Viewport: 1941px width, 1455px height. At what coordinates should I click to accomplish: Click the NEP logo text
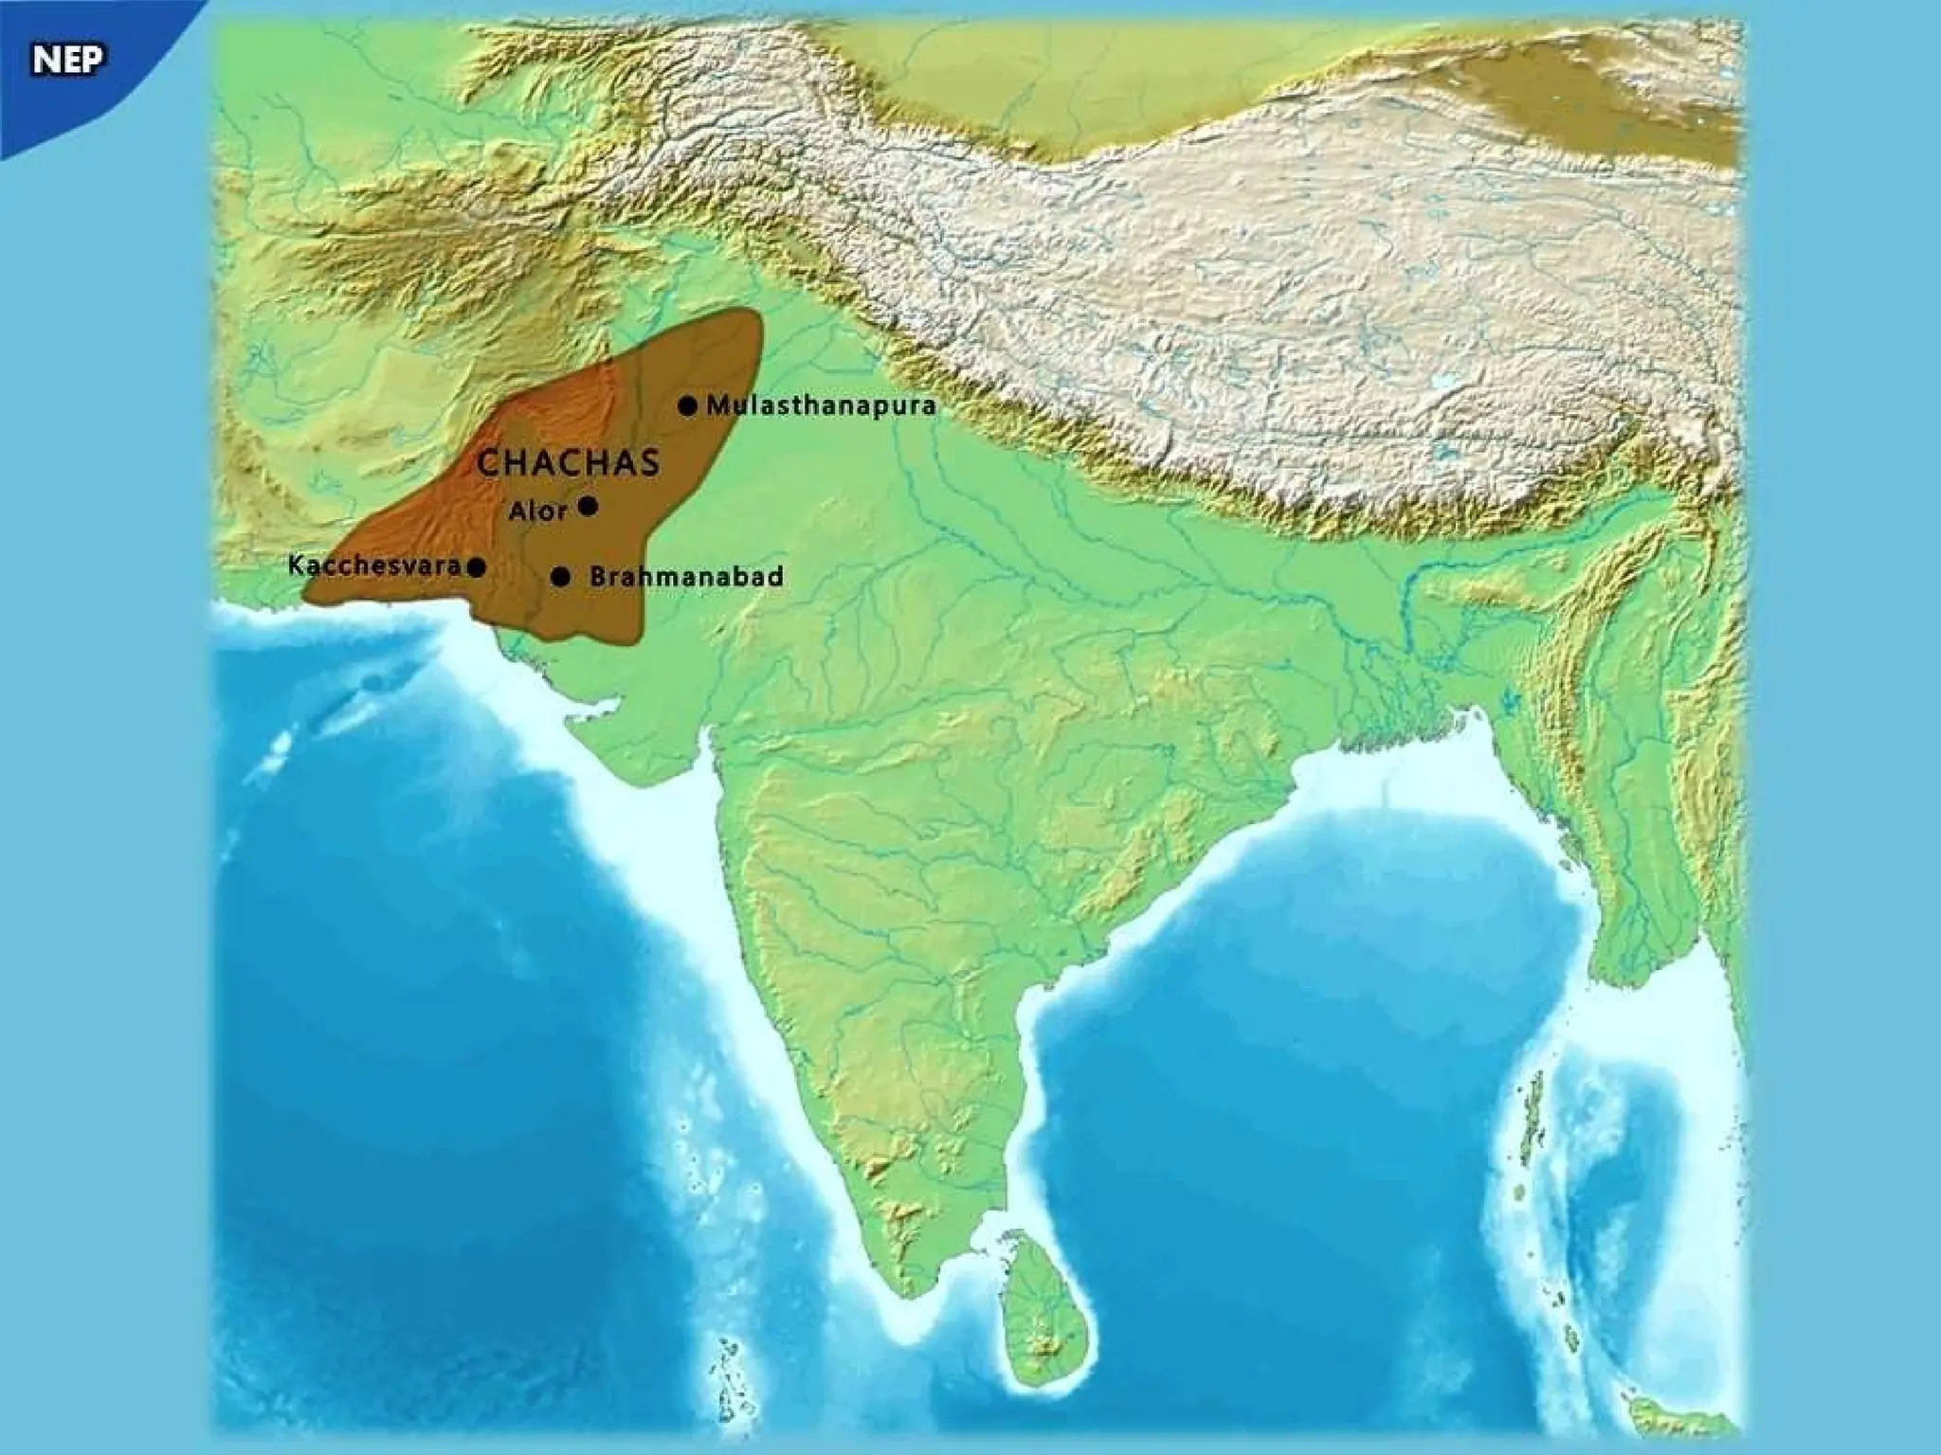69,61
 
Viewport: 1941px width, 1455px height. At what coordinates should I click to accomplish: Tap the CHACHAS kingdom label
568,463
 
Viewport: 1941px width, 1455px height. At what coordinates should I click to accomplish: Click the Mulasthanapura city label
821,406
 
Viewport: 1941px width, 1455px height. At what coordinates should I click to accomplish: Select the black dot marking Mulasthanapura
687,406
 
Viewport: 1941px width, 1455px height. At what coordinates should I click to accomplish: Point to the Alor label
538,512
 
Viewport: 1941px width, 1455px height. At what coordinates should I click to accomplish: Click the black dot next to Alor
588,506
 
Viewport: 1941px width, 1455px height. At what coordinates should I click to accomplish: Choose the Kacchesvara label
374,566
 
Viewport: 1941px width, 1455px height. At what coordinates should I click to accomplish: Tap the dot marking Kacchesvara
478,567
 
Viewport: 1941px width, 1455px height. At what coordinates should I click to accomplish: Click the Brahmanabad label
686,576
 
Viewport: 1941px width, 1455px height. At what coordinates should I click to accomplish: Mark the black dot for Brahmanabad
561,576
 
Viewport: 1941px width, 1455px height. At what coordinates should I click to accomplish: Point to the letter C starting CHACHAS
489,463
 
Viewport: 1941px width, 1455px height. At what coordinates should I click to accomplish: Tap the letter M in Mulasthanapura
717,406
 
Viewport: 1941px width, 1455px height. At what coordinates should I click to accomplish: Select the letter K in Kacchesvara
296,566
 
